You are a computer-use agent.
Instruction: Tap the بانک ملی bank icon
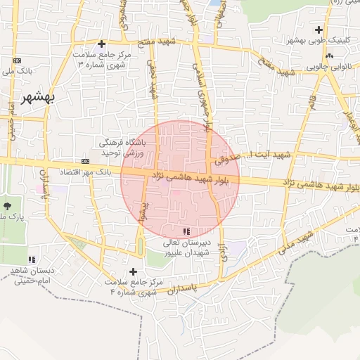coord(18,61)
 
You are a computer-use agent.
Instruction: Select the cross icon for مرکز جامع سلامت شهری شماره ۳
coord(103,44)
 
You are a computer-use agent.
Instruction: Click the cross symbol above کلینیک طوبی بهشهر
coord(320,30)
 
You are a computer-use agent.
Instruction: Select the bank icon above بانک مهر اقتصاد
coord(85,161)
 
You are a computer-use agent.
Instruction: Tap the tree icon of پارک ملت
coord(7,206)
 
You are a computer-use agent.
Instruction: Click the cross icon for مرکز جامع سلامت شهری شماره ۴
coord(133,271)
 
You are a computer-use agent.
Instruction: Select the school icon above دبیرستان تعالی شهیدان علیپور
coord(186,231)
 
